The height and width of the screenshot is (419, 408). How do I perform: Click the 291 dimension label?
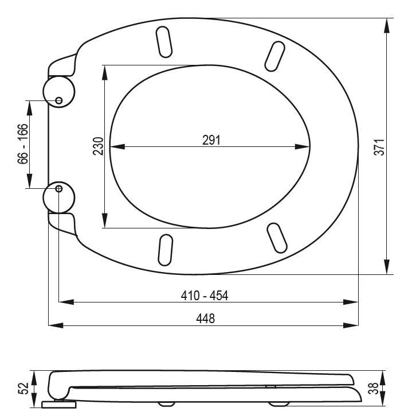click(x=211, y=140)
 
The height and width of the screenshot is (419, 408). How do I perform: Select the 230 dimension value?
click(x=98, y=146)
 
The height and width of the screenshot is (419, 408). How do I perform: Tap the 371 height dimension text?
click(x=379, y=147)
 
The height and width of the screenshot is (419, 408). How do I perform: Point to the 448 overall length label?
click(x=205, y=319)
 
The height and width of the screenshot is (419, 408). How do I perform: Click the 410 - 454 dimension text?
click(x=205, y=296)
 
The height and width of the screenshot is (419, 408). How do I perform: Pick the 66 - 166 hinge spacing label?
click(x=22, y=144)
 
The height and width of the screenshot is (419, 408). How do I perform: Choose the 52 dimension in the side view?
click(x=23, y=388)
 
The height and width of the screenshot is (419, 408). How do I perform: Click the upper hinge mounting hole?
click(x=58, y=100)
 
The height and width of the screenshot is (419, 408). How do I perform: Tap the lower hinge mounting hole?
click(x=58, y=189)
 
